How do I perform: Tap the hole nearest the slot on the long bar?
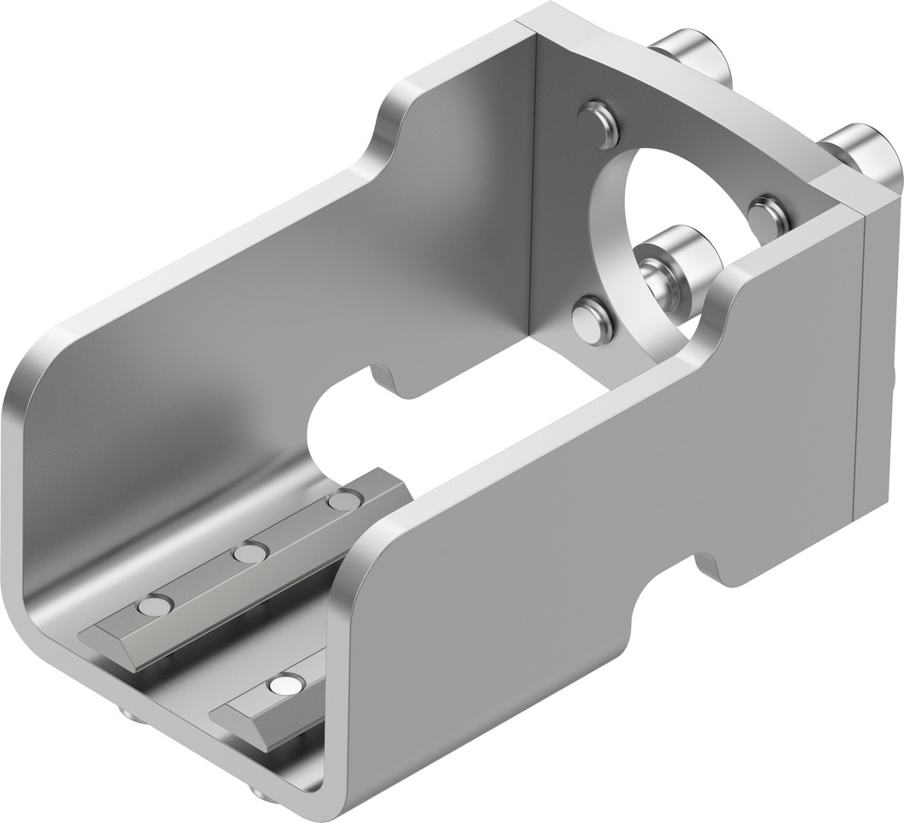344,501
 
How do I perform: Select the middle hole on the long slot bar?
249,553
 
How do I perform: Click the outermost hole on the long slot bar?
154,606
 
